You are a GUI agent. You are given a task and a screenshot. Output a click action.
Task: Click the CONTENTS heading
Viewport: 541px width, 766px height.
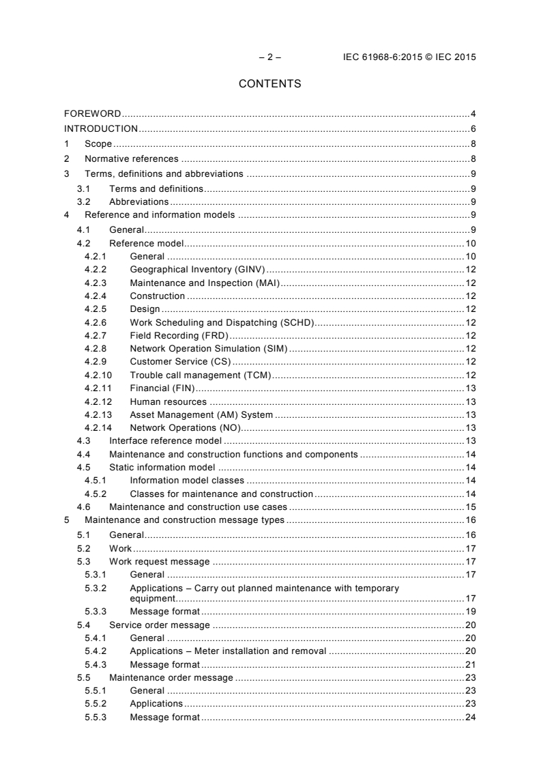pos(269,84)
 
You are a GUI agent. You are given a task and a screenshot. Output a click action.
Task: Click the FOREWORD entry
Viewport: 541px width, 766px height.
pos(93,113)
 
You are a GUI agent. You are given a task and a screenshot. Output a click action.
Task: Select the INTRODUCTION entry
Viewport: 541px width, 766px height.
pos(101,128)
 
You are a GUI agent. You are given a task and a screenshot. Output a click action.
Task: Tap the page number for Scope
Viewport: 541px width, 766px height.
pos(473,143)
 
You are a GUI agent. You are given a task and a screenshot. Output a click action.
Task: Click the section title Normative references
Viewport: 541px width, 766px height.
pos(131,158)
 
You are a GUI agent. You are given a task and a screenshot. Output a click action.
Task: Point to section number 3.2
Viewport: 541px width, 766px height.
pos(84,201)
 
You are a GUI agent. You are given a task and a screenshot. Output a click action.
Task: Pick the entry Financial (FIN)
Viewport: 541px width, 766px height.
pos(158,388)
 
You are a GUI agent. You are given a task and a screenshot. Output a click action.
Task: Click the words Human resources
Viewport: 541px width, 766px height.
pos(168,401)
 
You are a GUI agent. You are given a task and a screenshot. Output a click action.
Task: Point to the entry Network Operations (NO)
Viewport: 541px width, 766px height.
pos(186,427)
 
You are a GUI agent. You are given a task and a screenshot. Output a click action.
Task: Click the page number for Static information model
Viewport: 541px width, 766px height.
pos(471,467)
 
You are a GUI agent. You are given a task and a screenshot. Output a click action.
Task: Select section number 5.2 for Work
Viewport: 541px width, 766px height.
pos(84,548)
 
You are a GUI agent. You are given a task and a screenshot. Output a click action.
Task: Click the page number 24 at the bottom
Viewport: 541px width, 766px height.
pos(470,717)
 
